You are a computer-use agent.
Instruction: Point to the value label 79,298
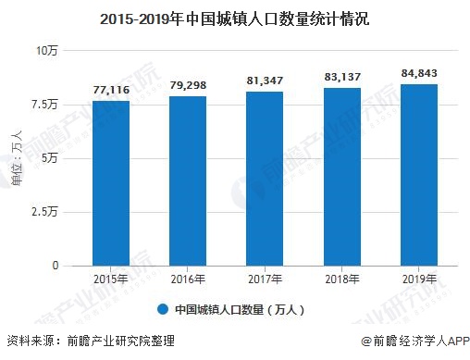click(x=187, y=86)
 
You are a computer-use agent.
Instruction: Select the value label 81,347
click(x=265, y=81)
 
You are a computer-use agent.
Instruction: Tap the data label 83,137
click(x=342, y=78)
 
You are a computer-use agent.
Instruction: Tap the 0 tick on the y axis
click(x=55, y=266)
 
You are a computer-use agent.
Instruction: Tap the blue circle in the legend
click(x=162, y=309)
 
